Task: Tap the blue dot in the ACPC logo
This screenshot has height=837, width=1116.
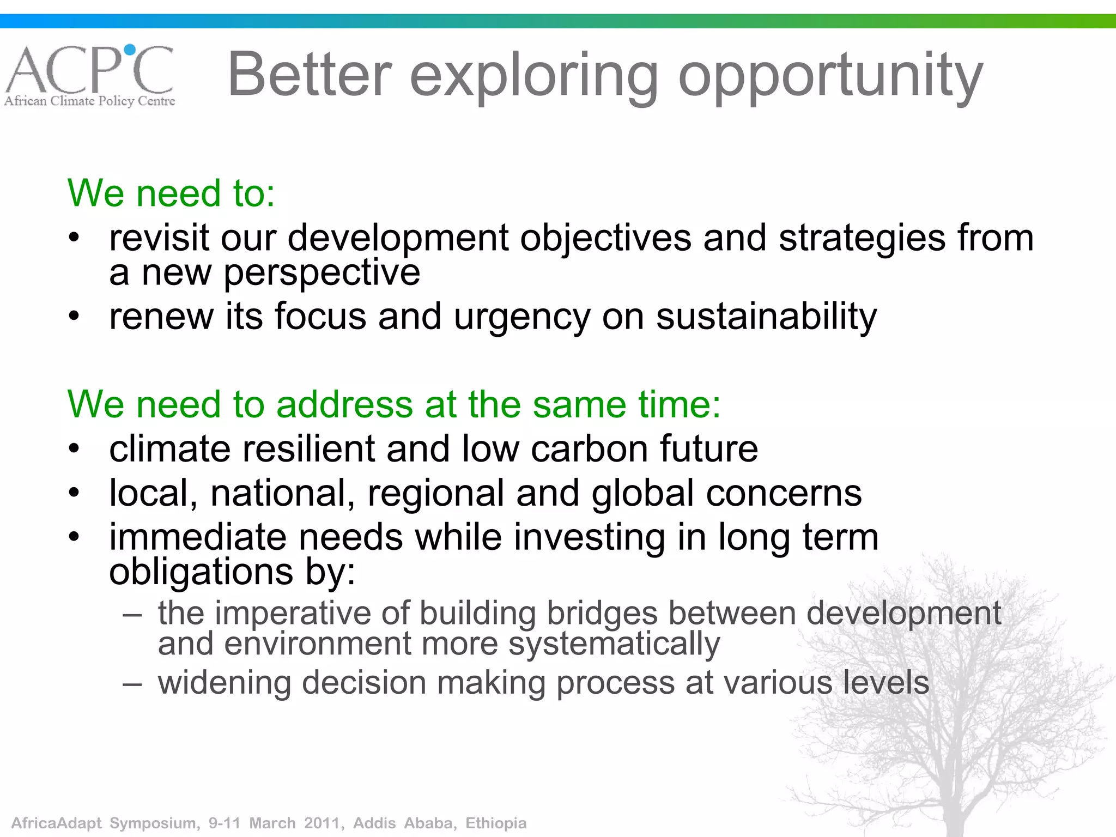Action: pos(130,50)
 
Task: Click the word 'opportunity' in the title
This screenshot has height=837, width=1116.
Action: pos(830,76)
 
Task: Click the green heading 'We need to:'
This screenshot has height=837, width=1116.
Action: pos(171,193)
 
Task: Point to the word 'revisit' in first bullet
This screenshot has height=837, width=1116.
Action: pos(159,238)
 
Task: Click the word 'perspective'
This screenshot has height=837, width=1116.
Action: pos(322,272)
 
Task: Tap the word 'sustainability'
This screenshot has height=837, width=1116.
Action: pos(766,316)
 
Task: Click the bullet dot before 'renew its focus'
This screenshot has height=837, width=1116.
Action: pos(75,316)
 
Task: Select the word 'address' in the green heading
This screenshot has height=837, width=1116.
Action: pos(344,404)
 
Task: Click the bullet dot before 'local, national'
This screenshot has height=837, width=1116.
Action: pos(75,493)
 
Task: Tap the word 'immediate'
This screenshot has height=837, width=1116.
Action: pos(197,537)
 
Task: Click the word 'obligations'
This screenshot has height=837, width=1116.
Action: pos(201,572)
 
